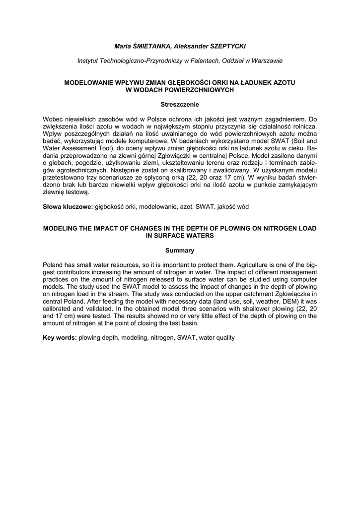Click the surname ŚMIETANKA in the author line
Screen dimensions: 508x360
(x=150, y=46)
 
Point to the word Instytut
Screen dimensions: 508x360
(x=88, y=61)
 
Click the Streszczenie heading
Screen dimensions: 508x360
(x=180, y=105)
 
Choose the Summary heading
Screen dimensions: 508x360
(x=180, y=250)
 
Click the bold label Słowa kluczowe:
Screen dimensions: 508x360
(x=68, y=206)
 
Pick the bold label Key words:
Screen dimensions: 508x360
(x=60, y=337)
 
